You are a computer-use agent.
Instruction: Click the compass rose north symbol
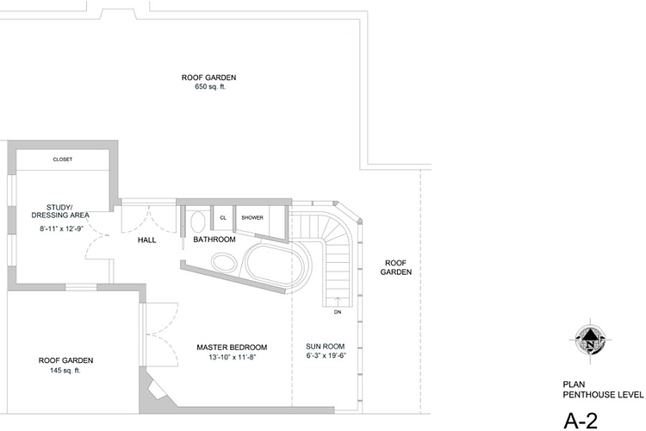click(590, 340)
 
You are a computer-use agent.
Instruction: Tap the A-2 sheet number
click(581, 421)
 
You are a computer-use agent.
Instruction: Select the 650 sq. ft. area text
click(210, 87)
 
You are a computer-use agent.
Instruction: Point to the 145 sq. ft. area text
click(65, 371)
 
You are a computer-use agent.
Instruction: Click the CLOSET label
click(63, 159)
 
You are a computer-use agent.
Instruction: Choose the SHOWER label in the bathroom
click(252, 218)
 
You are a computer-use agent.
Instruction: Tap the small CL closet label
click(223, 218)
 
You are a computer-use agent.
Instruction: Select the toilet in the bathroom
click(198, 222)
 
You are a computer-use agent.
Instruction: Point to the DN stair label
click(338, 312)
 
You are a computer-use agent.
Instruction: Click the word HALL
click(146, 240)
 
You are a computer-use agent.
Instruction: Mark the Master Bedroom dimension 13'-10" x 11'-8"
click(233, 357)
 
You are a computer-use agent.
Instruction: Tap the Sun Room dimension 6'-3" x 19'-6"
click(326, 355)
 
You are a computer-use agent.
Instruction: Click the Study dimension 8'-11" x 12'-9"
click(61, 228)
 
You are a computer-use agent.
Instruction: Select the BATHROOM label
click(214, 240)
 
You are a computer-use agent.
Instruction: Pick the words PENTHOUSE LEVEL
click(603, 395)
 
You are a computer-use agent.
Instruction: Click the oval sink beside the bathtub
click(224, 263)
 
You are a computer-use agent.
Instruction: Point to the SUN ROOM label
click(325, 347)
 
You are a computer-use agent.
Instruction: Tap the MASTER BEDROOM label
click(232, 347)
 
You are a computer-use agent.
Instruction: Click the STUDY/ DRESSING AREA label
click(60, 211)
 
